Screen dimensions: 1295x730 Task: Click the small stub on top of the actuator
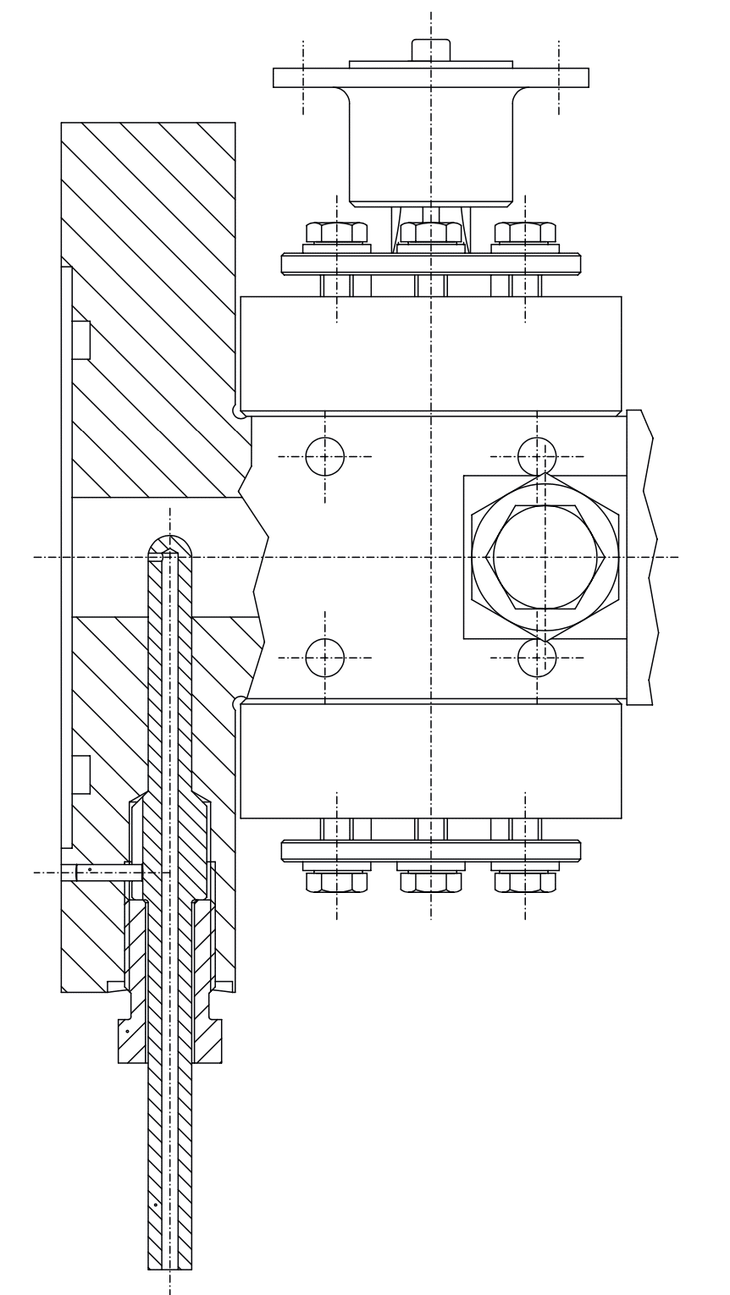tap(431, 50)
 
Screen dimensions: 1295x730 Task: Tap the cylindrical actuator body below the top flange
tap(431, 144)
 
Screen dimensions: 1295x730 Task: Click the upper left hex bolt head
tap(336, 233)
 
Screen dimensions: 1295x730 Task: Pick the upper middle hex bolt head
tap(431, 233)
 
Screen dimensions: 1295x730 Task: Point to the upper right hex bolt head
tap(525, 233)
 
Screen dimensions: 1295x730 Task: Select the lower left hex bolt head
tap(336, 882)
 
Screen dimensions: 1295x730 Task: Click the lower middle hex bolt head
tap(431, 882)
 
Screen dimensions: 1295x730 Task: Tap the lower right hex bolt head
tap(525, 882)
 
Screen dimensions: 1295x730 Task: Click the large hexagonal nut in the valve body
tap(545, 557)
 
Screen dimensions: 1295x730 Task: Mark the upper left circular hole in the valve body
tap(325, 457)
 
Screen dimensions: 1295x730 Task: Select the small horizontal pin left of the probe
tap(102, 872)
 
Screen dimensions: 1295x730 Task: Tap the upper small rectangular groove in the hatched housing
tap(81, 339)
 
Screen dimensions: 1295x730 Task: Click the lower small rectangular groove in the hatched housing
tap(81, 774)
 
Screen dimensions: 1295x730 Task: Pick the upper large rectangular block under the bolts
tap(431, 355)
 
